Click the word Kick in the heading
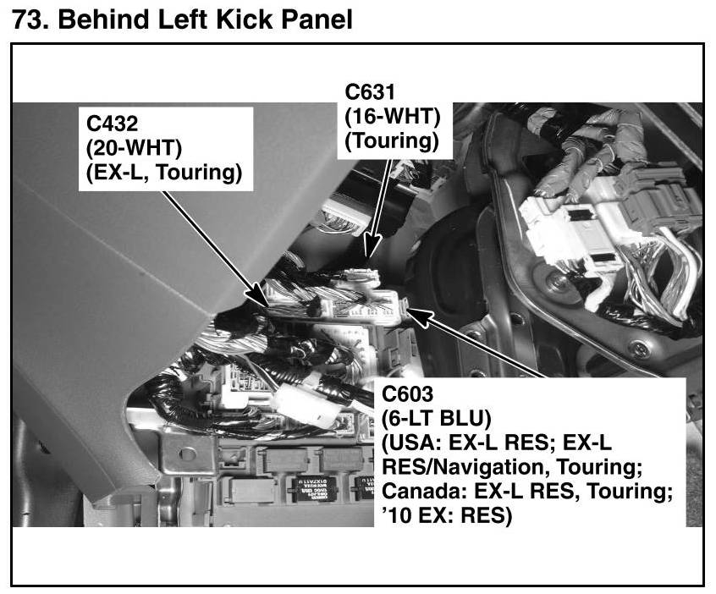[245, 19]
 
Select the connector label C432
[113, 124]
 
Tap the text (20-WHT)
[134, 148]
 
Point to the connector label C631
[370, 91]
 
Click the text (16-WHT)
[392, 117]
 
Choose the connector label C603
[407, 393]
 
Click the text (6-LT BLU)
[437, 418]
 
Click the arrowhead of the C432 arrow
[262, 296]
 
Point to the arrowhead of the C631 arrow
[371, 250]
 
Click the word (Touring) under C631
[391, 141]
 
